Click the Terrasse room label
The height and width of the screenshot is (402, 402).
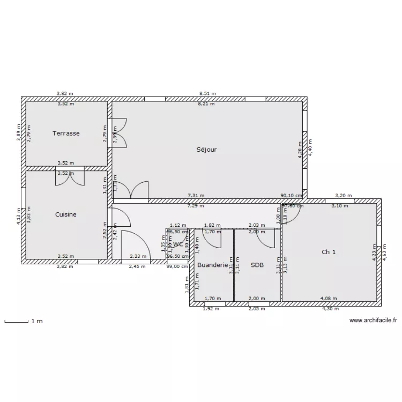pyautogui.click(x=66, y=133)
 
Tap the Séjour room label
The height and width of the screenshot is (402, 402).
pyautogui.click(x=206, y=150)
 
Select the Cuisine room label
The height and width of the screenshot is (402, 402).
pyautogui.click(x=65, y=214)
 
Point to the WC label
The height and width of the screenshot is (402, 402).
pyautogui.click(x=178, y=244)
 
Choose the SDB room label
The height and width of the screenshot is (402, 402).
pyautogui.click(x=257, y=265)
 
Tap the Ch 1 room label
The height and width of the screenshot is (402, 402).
pyautogui.click(x=329, y=252)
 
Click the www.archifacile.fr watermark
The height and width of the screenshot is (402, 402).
pyautogui.click(x=373, y=321)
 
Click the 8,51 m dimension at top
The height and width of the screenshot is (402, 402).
pyautogui.click(x=207, y=93)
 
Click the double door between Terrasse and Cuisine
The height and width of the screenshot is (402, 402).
pyautogui.click(x=69, y=178)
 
